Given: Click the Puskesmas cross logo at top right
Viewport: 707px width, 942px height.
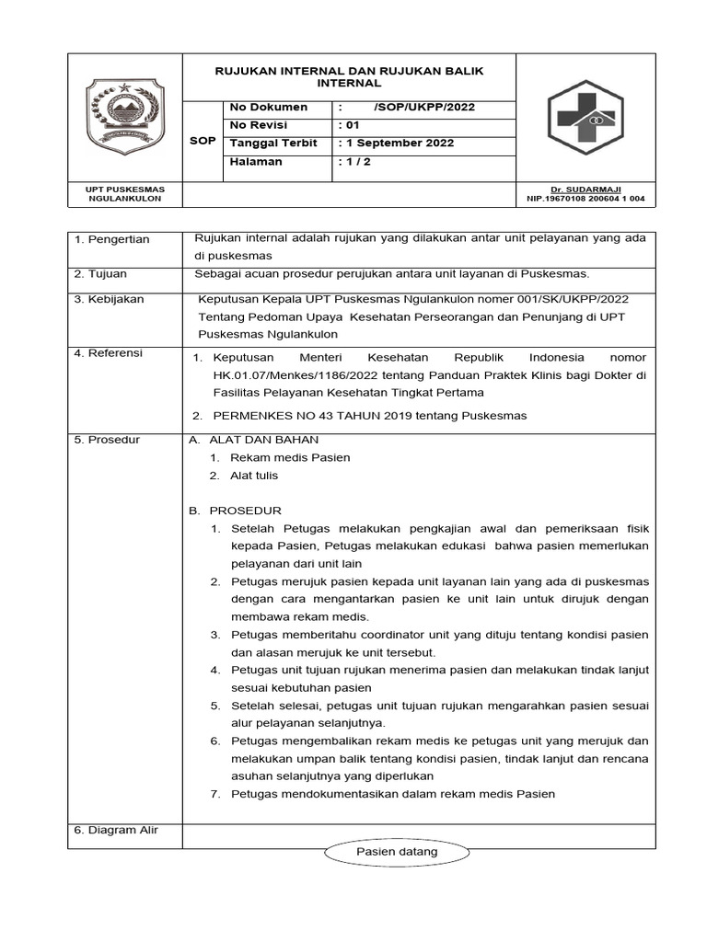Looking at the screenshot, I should click(585, 118).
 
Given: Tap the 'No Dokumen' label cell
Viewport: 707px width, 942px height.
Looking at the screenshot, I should click(268, 108).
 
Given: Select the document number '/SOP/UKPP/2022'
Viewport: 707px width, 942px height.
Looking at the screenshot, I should click(424, 108).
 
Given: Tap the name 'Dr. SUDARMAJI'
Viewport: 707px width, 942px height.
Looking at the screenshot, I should click(585, 189).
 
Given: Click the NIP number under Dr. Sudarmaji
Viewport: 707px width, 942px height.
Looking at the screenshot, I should click(585, 198).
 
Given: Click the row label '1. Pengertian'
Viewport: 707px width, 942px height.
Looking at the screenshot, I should click(112, 239).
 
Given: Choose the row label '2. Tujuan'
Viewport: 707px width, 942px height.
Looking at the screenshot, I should click(101, 274).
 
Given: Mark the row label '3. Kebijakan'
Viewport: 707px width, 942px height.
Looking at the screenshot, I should click(110, 299).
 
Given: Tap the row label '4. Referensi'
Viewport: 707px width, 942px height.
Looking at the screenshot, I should click(110, 353).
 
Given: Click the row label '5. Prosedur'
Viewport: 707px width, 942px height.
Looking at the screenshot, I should click(108, 440).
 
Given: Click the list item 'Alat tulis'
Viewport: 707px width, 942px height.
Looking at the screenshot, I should click(253, 476).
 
